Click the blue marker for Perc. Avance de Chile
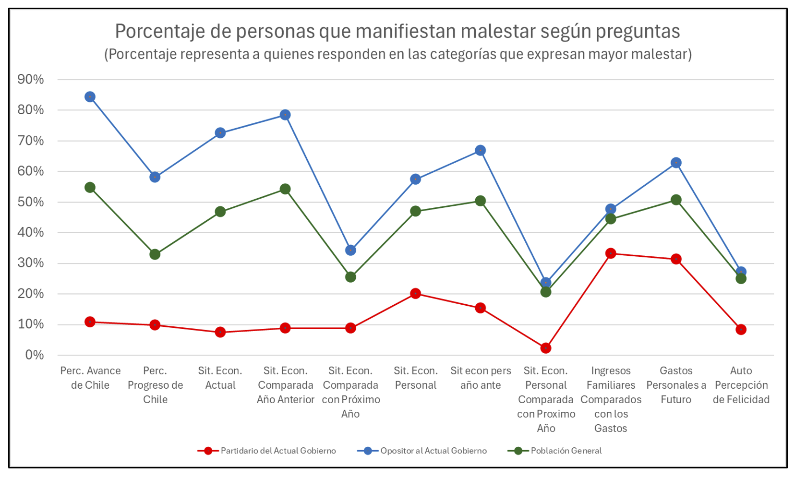[x=90, y=97]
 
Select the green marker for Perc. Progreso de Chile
[x=155, y=254]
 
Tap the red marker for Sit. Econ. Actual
[x=220, y=332]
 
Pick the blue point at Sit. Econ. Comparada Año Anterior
[x=285, y=115]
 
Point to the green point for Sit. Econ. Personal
[x=416, y=211]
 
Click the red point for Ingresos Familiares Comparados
[x=611, y=253]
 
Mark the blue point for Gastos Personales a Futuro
[x=676, y=163]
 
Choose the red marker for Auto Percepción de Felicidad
[x=741, y=330]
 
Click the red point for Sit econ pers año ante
[x=481, y=308]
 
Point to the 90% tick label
[x=31, y=80]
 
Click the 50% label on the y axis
[x=31, y=202]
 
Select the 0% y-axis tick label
[x=34, y=355]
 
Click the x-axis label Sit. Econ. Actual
[x=220, y=378]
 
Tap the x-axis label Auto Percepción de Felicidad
[x=741, y=385]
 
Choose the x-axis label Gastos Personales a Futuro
[x=676, y=385]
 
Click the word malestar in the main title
[x=497, y=32]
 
